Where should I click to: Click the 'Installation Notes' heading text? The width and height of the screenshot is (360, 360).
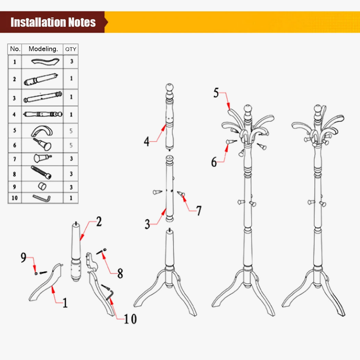53,22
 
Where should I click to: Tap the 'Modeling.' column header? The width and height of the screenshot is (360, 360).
43,49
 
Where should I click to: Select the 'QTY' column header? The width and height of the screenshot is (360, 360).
71,49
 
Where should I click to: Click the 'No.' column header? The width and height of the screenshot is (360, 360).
15,49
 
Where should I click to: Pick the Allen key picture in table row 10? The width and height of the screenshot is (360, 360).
42,198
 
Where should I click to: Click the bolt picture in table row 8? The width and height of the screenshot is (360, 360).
41,172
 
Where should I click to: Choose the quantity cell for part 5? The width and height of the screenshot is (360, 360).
71,131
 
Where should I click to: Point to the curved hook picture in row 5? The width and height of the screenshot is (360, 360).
42,131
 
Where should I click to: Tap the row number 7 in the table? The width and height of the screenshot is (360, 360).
14,159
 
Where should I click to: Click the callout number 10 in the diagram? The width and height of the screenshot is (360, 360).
130,319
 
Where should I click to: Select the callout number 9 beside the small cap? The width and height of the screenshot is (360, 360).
23,257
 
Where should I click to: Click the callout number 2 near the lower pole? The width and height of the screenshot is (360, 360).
99,221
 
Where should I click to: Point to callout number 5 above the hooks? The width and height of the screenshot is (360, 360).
216,93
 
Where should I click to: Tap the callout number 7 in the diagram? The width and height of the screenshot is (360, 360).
199,211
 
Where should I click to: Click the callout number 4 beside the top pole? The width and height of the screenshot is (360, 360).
147,141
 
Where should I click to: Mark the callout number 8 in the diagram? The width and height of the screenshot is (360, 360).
120,274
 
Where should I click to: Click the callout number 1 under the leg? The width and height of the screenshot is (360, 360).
65,302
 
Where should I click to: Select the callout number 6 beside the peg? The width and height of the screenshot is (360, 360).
214,162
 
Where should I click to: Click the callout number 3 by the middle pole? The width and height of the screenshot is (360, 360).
147,224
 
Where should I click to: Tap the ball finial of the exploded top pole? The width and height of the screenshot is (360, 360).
170,87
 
